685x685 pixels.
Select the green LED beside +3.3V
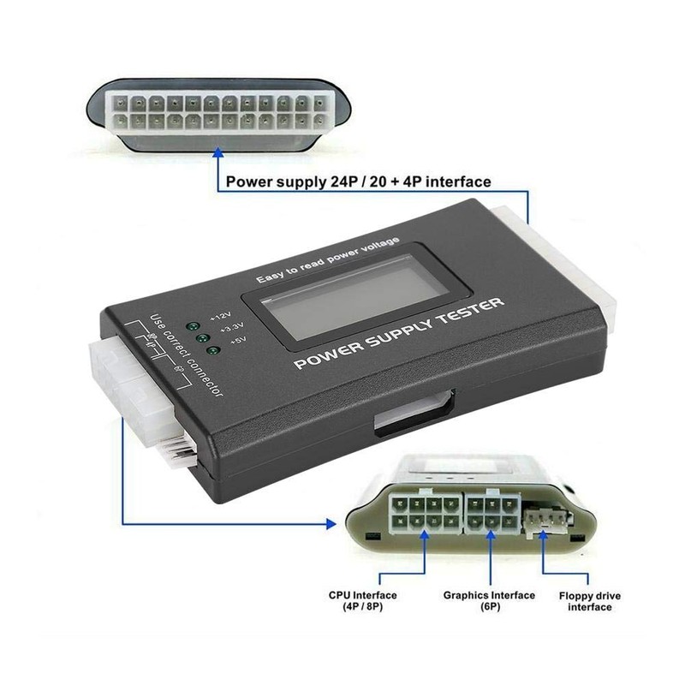tap(204, 337)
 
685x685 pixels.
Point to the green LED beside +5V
tap(212, 349)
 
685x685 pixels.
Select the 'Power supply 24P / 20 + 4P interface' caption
tap(357, 182)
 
